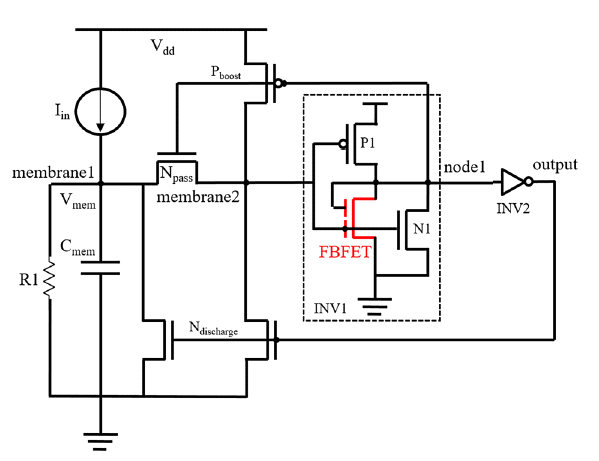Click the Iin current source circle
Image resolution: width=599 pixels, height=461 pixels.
pos(76,111)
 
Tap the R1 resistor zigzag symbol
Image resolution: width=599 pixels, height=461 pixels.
pos(49,278)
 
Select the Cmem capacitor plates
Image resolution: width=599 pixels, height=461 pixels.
pos(100,268)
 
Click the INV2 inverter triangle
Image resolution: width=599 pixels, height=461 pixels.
pos(513,182)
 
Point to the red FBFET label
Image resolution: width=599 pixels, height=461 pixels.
pos(345,252)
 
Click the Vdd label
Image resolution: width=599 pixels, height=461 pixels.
pos(163,47)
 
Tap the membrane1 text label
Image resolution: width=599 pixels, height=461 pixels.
pos(53,173)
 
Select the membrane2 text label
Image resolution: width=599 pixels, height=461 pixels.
pos(198,197)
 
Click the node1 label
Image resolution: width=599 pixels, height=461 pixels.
pos(465,167)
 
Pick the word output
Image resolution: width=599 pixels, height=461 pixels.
pos(555,165)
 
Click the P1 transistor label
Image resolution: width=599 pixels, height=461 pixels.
pos(368,143)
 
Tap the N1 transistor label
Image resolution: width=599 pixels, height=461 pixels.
pos(422,229)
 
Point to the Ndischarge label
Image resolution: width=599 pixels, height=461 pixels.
pos(214,328)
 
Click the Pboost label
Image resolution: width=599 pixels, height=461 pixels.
pos(226,72)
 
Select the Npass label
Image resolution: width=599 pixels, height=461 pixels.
pos(176,174)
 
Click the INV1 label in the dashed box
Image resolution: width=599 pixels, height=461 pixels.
pos(330,308)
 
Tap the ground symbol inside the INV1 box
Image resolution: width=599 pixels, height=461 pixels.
pos(375,306)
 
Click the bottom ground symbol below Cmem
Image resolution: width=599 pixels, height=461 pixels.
pos(100,442)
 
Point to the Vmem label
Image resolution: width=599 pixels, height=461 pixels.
pos(78,201)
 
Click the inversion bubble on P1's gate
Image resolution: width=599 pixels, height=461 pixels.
pos(343,144)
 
